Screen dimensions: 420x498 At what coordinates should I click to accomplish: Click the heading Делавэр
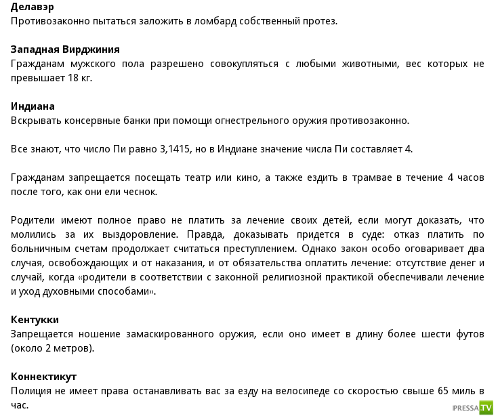[33, 7]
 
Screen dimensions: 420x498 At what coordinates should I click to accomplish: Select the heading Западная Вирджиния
[66, 49]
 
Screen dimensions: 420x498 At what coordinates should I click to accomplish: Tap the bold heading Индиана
[33, 106]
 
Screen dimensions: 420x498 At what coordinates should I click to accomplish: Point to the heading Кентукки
[35, 320]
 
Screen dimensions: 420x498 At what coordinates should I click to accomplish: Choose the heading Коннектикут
[44, 377]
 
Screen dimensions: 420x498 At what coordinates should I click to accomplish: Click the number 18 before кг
[72, 78]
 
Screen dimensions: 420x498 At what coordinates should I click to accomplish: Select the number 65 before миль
[444, 391]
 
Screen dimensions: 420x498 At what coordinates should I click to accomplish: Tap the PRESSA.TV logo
[472, 408]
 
